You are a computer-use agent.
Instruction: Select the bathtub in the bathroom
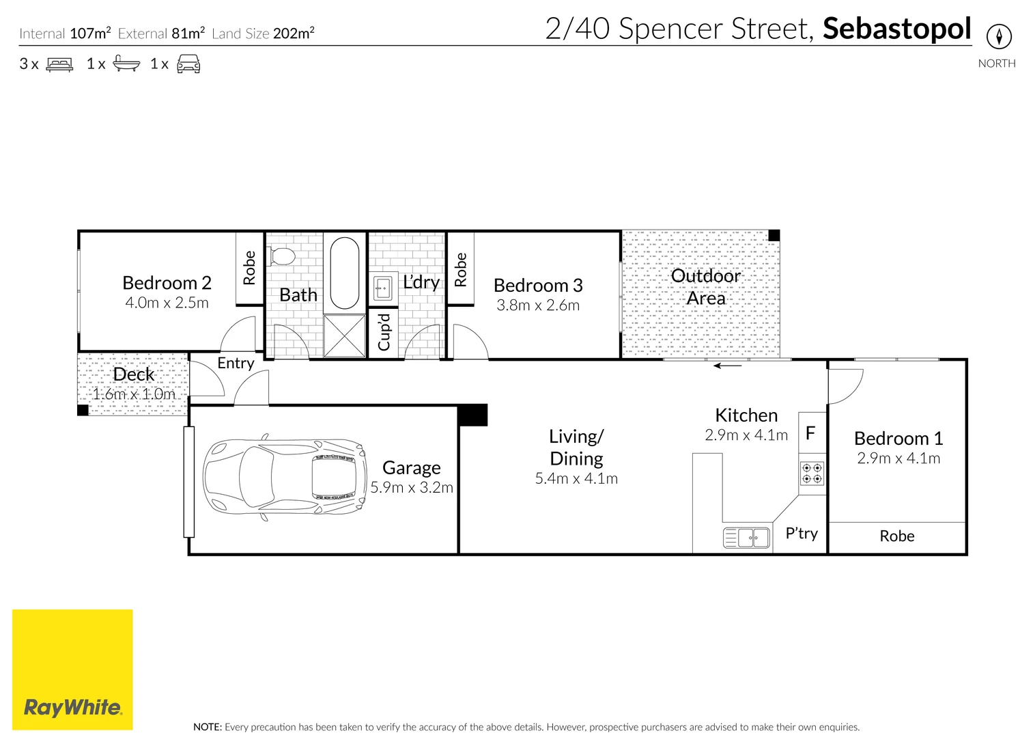click(x=345, y=273)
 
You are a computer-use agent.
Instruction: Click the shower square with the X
click(x=345, y=336)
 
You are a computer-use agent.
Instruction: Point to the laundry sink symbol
click(x=383, y=288)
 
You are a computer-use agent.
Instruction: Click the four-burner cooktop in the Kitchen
click(x=812, y=474)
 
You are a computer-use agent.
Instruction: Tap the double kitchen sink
click(x=746, y=538)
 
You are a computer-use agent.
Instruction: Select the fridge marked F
click(x=811, y=433)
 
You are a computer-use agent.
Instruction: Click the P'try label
click(x=802, y=533)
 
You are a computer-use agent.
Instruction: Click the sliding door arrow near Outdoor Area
click(x=728, y=366)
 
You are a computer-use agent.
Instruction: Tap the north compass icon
click(x=999, y=36)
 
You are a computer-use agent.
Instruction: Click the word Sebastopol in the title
click(x=896, y=29)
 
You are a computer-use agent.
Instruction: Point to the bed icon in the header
click(x=59, y=65)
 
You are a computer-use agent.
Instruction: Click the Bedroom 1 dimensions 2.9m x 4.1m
click(x=898, y=459)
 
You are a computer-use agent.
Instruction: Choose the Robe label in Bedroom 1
click(x=896, y=536)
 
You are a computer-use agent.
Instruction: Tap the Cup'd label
click(x=384, y=332)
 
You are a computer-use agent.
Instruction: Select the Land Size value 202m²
click(x=294, y=33)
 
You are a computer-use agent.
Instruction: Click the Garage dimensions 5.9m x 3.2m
click(x=412, y=487)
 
